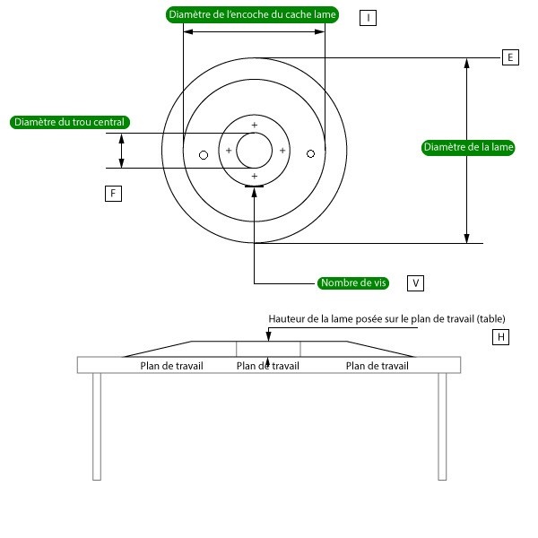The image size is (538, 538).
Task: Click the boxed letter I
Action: click(x=368, y=18)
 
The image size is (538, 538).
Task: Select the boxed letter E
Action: click(x=510, y=57)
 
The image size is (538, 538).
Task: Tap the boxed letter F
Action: click(x=113, y=194)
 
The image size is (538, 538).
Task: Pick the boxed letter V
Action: click(x=415, y=283)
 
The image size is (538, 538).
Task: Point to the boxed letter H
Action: click(x=500, y=337)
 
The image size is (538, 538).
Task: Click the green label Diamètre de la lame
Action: click(x=468, y=148)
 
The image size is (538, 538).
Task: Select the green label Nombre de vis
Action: click(x=353, y=283)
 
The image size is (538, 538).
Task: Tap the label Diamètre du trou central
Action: click(x=70, y=122)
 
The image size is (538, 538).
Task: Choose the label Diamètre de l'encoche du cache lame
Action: click(x=252, y=14)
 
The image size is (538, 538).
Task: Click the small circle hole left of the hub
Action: click(x=204, y=155)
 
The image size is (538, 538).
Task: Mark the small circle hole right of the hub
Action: click(x=310, y=154)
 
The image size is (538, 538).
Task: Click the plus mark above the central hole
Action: click(x=255, y=125)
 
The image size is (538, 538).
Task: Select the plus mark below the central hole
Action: click(x=255, y=176)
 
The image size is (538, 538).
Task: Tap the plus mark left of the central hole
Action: click(x=229, y=151)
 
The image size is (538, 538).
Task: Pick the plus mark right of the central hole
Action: click(x=282, y=151)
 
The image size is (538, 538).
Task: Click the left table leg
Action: click(x=97, y=427)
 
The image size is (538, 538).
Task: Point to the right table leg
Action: click(x=442, y=427)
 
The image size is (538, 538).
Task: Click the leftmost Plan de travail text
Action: click(x=171, y=366)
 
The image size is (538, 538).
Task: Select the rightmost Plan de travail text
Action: click(x=377, y=366)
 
